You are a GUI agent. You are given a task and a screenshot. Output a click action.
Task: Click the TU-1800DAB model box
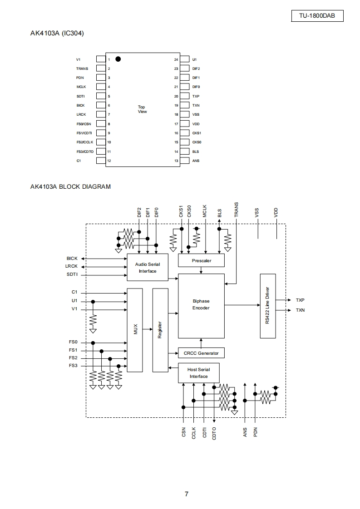coord(317,15)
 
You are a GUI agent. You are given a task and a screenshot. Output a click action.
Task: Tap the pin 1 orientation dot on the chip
coord(118,59)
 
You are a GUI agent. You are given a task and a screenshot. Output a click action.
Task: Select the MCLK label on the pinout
coord(81,87)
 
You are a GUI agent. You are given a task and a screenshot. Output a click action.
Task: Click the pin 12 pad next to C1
coord(101,160)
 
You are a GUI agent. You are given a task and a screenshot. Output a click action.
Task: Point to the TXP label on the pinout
coord(196,96)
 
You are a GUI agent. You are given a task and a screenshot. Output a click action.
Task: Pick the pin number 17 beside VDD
coord(176,124)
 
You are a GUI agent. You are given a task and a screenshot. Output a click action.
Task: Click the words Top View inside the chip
coord(142,109)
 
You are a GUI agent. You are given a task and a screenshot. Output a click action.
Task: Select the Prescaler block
coord(202,260)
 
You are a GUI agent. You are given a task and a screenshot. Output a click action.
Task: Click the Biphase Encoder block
coord(202,306)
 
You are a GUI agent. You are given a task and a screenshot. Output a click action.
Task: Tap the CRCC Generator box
coord(201,353)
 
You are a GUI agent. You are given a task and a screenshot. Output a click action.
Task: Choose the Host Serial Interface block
coord(199,373)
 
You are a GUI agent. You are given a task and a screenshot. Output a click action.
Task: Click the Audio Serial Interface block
coord(148,268)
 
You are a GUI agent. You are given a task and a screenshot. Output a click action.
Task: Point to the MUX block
coord(135,330)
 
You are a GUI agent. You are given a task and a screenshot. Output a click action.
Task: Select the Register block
coord(161,330)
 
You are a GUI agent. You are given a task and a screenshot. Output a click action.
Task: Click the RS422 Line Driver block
coord(268,306)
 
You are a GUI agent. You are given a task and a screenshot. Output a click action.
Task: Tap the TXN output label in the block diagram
coord(300,310)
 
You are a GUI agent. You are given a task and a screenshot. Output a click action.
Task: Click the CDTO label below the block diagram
coord(214,433)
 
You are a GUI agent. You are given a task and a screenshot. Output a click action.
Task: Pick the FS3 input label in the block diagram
coord(73,366)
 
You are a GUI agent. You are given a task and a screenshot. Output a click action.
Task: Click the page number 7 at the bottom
coord(187,494)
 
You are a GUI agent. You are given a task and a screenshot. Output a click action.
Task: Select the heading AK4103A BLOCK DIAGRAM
coord(70,186)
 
